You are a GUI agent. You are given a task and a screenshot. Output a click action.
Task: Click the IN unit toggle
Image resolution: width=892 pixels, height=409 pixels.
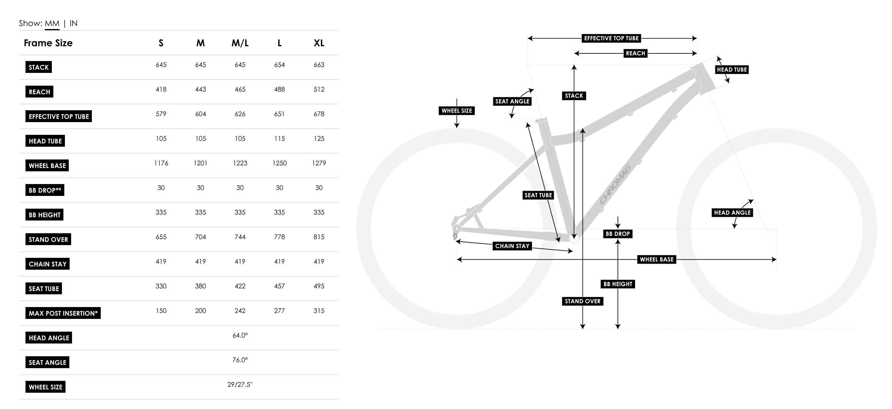tap(73, 23)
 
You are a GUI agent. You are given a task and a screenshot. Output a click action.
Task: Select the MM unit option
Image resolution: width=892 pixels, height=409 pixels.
tap(52, 23)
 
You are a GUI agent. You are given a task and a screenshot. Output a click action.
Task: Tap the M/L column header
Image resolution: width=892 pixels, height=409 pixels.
tap(240, 43)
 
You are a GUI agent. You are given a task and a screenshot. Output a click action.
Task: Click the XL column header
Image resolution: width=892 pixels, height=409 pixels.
tap(319, 43)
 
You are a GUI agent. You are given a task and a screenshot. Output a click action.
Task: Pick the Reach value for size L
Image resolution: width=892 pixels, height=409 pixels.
tap(279, 89)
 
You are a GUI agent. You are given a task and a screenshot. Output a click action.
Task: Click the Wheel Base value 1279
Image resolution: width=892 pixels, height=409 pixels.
tap(319, 163)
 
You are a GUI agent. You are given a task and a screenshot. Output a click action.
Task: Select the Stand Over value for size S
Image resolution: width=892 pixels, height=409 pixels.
tap(161, 237)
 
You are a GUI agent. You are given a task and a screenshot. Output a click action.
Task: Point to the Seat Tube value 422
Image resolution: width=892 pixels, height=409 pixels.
tap(240, 286)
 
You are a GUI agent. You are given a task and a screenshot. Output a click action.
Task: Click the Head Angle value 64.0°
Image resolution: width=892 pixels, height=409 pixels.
tap(240, 335)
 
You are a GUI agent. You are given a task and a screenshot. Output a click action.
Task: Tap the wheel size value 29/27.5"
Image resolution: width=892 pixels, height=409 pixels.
tap(240, 384)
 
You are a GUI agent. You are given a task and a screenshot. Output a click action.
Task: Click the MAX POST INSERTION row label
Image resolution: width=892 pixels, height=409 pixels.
tap(63, 313)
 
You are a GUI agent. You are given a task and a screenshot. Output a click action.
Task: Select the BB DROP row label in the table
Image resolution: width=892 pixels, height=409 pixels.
tap(45, 190)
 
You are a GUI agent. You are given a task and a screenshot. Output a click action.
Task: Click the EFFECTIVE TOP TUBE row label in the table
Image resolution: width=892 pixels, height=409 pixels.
tap(58, 116)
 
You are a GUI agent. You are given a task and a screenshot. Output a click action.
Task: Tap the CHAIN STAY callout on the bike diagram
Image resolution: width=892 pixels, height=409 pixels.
tap(512, 246)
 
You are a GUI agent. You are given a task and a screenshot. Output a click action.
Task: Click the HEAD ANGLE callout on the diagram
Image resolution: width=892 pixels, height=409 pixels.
tap(732, 213)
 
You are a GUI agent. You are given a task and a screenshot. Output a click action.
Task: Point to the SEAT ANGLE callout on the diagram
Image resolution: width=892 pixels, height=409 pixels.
tap(512, 101)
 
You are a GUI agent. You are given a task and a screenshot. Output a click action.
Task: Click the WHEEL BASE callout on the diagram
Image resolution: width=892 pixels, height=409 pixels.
tap(656, 259)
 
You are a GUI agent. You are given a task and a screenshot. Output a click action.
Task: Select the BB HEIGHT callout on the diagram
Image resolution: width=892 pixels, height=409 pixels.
tap(618, 284)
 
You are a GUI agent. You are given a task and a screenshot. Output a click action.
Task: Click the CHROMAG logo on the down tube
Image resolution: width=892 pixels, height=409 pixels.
tap(615, 185)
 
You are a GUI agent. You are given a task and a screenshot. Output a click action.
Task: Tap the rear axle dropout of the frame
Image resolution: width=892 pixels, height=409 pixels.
tap(457, 229)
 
